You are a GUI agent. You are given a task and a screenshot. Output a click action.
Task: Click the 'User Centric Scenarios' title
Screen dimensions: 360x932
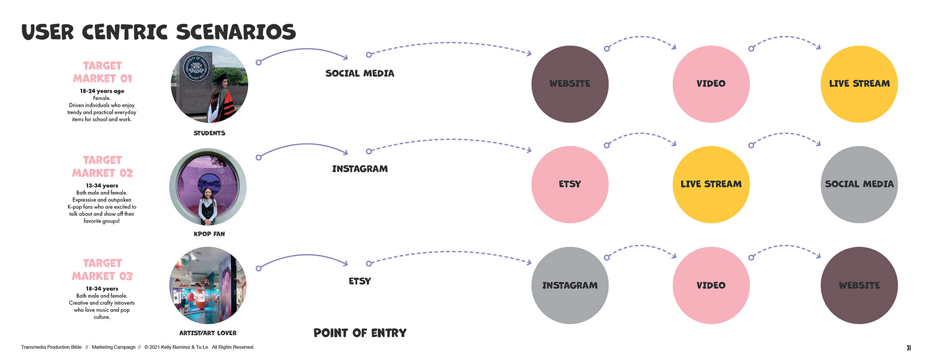[158, 32]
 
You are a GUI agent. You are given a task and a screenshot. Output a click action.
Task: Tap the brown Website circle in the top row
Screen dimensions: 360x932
[570, 84]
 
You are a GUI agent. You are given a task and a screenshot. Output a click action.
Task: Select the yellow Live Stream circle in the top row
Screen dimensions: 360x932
[859, 84]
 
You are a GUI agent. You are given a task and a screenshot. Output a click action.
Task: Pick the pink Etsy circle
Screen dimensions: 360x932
[570, 184]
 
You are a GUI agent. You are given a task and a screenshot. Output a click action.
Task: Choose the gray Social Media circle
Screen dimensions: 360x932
[859, 184]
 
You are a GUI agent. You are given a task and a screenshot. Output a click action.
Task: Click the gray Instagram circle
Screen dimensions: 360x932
[570, 285]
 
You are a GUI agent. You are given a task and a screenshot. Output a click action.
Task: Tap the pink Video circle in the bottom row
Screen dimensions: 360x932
[711, 285]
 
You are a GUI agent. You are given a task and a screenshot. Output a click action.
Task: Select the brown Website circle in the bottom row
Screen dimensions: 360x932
[859, 285]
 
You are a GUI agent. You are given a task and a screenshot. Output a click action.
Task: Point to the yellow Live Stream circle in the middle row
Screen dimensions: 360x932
[711, 184]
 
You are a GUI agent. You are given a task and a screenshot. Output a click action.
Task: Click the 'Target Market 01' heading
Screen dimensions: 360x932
[102, 72]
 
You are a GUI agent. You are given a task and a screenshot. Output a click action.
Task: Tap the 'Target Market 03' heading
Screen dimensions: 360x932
[102, 269]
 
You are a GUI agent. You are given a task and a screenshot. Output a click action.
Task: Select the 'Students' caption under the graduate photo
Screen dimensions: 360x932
[209, 133]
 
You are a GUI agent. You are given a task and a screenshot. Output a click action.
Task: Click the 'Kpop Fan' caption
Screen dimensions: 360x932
[209, 234]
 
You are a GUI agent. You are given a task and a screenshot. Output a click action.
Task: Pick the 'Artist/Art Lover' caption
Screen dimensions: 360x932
[208, 333]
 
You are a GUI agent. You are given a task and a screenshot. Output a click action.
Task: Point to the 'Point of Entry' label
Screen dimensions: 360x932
[360, 333]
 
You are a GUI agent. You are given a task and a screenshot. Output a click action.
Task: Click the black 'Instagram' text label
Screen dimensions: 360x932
[360, 169]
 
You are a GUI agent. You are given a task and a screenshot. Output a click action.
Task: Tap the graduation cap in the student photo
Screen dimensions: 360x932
[219, 77]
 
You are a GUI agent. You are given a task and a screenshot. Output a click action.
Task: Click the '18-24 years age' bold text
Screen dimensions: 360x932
[102, 91]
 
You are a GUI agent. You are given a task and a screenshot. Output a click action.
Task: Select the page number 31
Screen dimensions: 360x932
[908, 347]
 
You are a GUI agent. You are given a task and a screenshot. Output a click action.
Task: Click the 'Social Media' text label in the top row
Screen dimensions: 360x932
[360, 73]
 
